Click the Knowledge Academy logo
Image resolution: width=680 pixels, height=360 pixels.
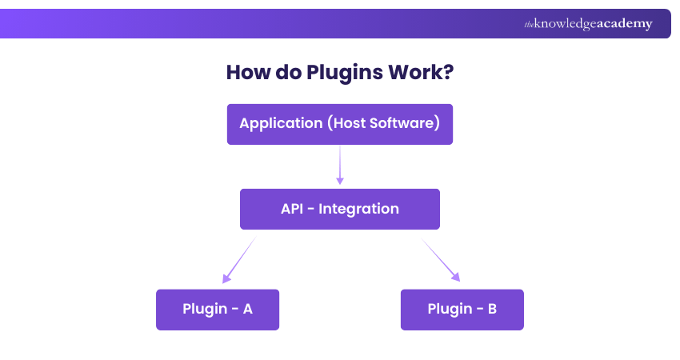coord(588,24)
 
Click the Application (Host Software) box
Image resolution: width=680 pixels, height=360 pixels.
coord(339,124)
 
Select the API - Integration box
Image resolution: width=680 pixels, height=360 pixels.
coord(339,209)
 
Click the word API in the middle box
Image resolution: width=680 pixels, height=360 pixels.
coord(293,209)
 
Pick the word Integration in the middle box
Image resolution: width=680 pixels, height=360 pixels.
coord(358,209)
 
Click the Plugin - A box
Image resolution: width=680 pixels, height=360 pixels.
coord(217,309)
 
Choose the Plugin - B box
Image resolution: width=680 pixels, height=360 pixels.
coord(462,309)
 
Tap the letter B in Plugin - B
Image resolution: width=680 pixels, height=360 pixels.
coord(492,309)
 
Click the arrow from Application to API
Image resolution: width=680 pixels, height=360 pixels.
coord(340,165)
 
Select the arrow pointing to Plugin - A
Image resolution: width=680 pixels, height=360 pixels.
coord(239,260)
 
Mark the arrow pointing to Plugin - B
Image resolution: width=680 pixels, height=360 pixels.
coord(442,260)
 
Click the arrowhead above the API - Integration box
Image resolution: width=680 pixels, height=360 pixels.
coord(340,181)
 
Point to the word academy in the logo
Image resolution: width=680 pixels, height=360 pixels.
coord(625,24)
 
